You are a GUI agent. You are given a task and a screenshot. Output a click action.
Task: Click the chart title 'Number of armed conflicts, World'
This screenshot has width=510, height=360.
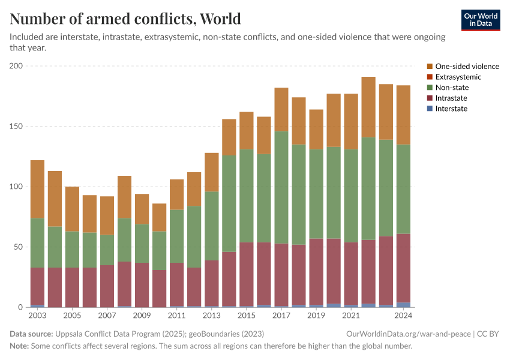[x=125, y=19]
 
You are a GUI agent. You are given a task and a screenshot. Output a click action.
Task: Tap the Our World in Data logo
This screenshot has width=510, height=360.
[x=480, y=20]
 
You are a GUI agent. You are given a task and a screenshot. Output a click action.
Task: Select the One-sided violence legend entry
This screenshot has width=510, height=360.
[x=467, y=67]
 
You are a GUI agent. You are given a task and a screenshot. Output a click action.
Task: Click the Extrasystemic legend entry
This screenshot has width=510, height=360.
[x=458, y=77]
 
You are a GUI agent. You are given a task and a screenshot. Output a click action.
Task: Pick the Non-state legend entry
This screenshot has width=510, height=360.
[x=452, y=88]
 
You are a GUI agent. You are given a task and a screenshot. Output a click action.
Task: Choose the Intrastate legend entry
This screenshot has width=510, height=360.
[x=451, y=98]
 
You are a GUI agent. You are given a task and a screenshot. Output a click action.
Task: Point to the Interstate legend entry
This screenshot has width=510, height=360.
[x=451, y=109]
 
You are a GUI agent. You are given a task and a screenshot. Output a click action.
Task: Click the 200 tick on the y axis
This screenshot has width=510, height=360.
[x=16, y=66]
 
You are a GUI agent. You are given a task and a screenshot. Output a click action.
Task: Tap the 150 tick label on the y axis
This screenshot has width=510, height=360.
[x=16, y=127]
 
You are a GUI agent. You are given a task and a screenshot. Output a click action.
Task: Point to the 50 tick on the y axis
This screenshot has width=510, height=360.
[x=18, y=247]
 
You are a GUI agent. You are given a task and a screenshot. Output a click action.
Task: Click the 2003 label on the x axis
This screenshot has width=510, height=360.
[x=37, y=315]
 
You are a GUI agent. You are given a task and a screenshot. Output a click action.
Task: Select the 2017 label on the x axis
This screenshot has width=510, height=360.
[x=281, y=315]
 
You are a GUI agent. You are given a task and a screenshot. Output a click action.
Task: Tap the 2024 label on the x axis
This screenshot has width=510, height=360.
[x=403, y=315]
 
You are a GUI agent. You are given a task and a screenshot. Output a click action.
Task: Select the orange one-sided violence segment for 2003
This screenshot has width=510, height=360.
[x=37, y=189]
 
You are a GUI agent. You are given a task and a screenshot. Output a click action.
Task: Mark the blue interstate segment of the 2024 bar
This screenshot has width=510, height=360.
[x=403, y=305]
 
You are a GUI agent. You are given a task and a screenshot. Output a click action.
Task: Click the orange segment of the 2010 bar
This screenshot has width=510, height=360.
[x=159, y=217]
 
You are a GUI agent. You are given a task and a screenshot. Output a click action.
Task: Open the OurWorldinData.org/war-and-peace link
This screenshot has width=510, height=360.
[x=409, y=334]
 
